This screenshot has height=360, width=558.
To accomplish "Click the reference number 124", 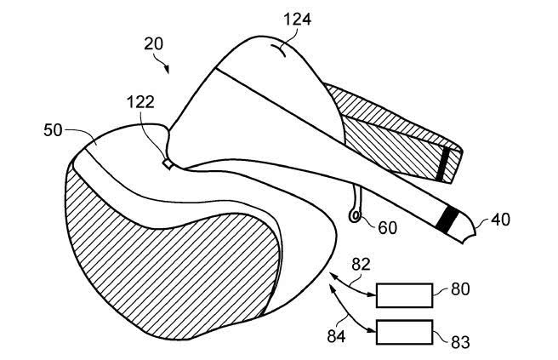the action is coord(298,19).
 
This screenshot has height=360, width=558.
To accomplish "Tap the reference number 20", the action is coord(154,43).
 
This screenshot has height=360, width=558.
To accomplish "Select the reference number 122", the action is coord(140,102).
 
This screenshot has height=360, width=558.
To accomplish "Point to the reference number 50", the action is coord(53,130).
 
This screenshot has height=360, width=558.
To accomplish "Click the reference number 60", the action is coord(387,228).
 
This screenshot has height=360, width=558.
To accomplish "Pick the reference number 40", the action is coord(501,220).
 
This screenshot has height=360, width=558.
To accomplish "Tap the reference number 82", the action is coord(362,265).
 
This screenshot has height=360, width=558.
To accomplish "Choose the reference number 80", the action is coord(460,289).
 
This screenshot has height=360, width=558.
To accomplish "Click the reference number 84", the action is coord(336,336).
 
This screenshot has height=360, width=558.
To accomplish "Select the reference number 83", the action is coord(460,342).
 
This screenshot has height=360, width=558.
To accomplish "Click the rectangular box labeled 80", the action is coord(405,295).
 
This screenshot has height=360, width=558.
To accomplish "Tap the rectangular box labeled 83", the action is coord(405,332).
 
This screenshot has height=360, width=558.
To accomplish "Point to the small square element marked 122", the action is coord(168,163).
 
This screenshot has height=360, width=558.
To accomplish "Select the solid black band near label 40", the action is coord(447,220).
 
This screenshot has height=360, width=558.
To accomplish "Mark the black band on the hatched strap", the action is coord(442,164).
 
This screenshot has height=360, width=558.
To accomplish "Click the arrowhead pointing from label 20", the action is coord(167,70).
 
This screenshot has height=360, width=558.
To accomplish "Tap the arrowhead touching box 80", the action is coord(373,294).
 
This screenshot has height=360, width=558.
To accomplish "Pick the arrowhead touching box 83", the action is coord(373,331).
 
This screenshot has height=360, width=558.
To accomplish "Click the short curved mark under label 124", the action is coord(278,50).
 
